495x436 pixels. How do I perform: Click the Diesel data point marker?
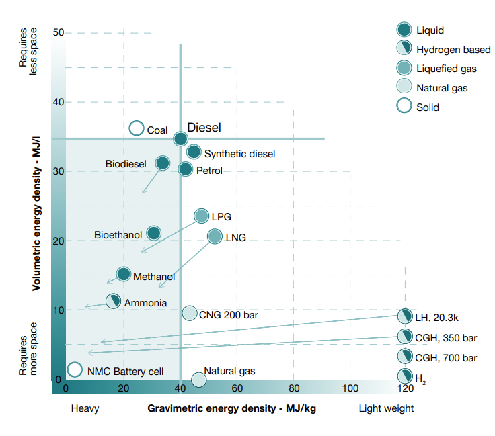pos(180,138)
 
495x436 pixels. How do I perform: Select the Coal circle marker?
pos(137,128)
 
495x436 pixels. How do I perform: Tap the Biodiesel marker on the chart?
pos(163,163)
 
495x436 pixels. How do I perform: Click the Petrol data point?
pos(186,169)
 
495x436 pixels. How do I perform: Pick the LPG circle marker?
pos(202,216)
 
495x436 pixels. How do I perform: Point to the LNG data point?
pos(215,236)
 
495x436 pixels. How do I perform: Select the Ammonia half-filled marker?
pos(114,300)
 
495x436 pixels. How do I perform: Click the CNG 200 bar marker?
pos(190,313)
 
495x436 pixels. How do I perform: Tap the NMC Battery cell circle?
pos(75,369)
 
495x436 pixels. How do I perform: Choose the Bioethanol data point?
pos(154,233)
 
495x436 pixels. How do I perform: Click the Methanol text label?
pos(154,277)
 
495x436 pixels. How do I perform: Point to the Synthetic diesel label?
pos(239,154)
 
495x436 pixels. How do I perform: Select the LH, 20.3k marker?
pos(405,316)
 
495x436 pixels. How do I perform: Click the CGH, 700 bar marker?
pos(405,356)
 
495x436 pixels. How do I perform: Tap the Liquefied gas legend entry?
pos(446,69)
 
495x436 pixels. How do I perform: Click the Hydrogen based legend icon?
pos(404,48)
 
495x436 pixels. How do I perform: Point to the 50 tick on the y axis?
pos(58,32)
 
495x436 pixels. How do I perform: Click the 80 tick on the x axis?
pos(294,388)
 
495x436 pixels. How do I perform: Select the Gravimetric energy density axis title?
pos(231,408)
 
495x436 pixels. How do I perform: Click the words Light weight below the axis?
pos(386,408)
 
